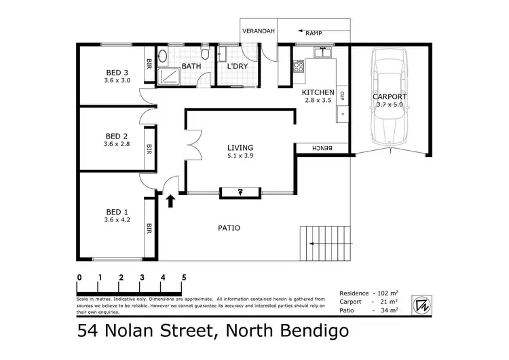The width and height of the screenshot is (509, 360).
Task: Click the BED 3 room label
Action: (117, 73)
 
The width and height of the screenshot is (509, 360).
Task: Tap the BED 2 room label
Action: (117, 136)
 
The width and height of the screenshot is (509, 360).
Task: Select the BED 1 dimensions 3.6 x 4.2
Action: (117, 219)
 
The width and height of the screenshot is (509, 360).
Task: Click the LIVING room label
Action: (240, 147)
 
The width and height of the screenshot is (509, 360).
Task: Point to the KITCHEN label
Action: (318, 92)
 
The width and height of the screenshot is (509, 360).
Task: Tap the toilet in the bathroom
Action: (205, 54)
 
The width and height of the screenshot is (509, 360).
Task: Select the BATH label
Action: (191, 67)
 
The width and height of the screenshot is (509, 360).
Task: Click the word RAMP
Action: (314, 33)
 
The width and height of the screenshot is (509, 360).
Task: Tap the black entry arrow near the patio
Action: (170, 200)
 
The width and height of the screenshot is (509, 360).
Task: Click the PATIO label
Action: (229, 228)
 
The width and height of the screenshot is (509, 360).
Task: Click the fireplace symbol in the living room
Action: (240, 192)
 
